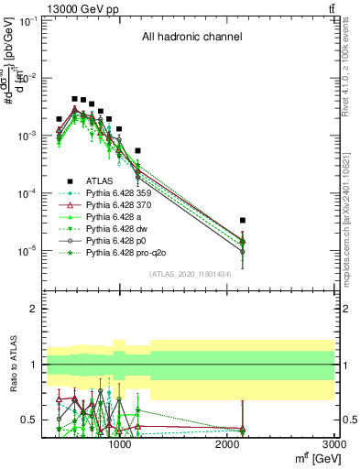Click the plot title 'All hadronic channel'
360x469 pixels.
[x=191, y=38]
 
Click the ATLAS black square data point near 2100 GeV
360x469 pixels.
[x=242, y=221]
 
